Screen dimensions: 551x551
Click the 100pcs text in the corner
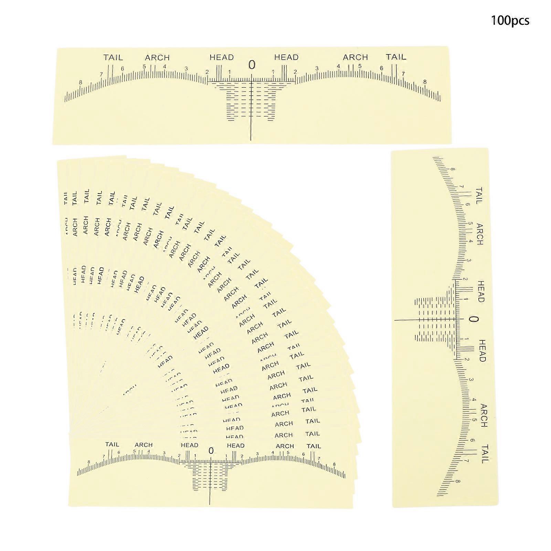pyautogui.click(x=510, y=21)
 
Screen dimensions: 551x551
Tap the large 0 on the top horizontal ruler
pyautogui.click(x=252, y=65)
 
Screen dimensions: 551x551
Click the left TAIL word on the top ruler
pyautogui.click(x=113, y=57)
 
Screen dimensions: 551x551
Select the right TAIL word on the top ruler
pyautogui.click(x=396, y=57)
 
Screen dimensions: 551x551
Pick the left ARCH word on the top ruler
pyautogui.click(x=157, y=57)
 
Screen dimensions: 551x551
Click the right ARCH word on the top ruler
pyautogui.click(x=356, y=57)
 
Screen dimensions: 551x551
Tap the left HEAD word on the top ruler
pyautogui.click(x=222, y=57)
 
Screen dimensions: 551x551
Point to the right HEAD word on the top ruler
pyautogui.click(x=286, y=57)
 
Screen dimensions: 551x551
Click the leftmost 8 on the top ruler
pyautogui.click(x=81, y=82)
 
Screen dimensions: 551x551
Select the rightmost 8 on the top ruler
pyautogui.click(x=425, y=82)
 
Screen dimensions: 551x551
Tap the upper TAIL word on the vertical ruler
pyautogui.click(x=479, y=196)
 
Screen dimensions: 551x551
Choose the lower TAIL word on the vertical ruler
pyautogui.click(x=485, y=454)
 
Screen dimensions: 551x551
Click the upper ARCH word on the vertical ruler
pyautogui.click(x=479, y=234)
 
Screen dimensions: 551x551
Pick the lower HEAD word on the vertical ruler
pyautogui.click(x=481, y=350)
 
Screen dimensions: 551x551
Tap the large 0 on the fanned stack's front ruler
pyautogui.click(x=211, y=451)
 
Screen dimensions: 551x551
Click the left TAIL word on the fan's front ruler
pyautogui.click(x=112, y=444)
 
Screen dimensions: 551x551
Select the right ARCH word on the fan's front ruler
pyautogui.click(x=285, y=446)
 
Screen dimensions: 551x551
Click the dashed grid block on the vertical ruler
pyautogui.click(x=435, y=320)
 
